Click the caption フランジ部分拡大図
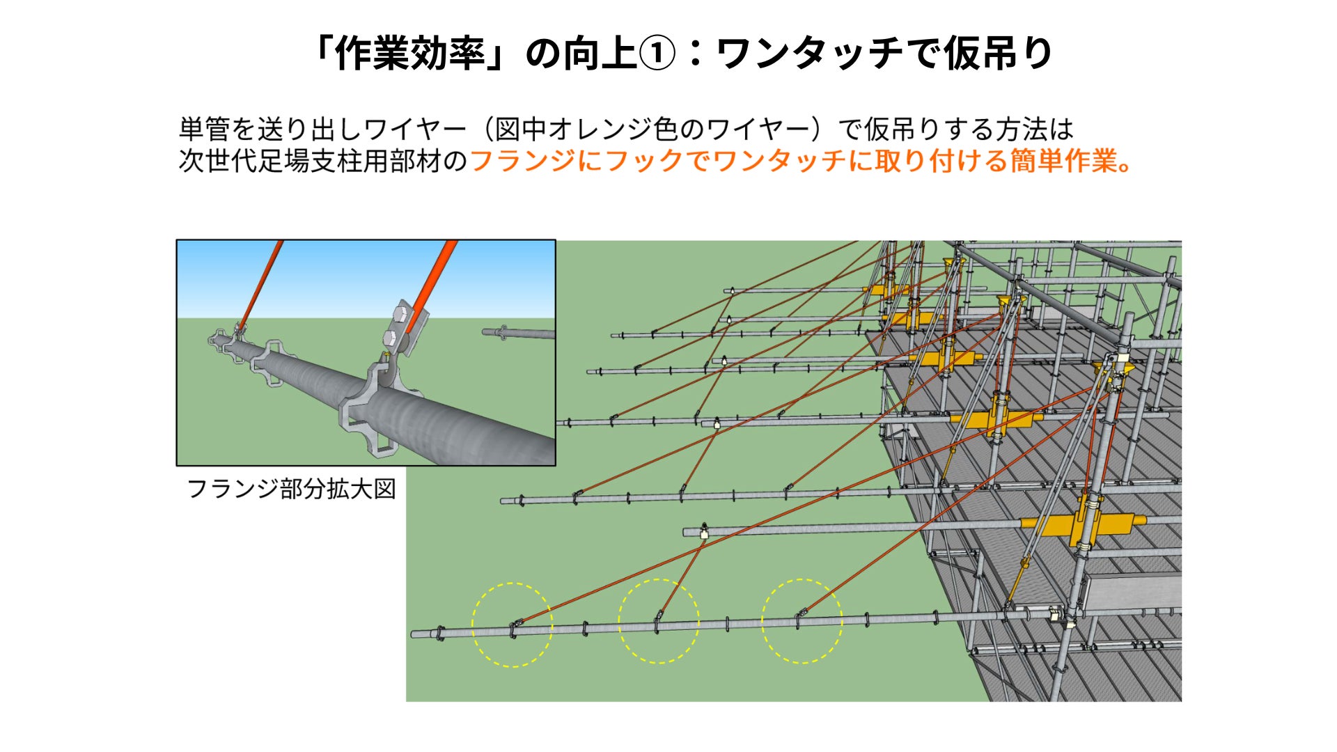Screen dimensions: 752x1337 point(291,489)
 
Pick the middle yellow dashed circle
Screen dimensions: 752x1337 point(658,621)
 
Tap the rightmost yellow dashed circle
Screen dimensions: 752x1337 point(802,620)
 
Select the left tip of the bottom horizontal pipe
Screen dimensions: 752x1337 point(415,634)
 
